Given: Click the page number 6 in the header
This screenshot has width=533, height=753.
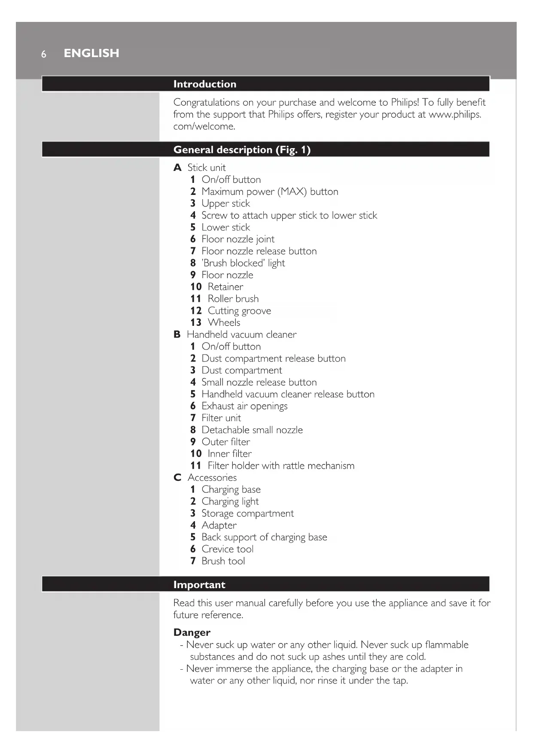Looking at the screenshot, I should click(43, 54).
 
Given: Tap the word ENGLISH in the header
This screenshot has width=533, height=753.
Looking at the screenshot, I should click(91, 53).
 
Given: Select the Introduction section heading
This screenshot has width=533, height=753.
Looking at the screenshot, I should click(204, 84).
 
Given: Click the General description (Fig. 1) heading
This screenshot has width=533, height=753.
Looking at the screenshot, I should click(241, 150).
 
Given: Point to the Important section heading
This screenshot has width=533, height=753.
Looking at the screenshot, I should click(199, 585).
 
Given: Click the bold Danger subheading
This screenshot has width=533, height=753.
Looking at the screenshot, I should click(192, 632).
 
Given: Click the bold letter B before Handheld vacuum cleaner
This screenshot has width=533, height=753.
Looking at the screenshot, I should click(177, 335).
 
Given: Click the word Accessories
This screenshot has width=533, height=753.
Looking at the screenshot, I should click(212, 478).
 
